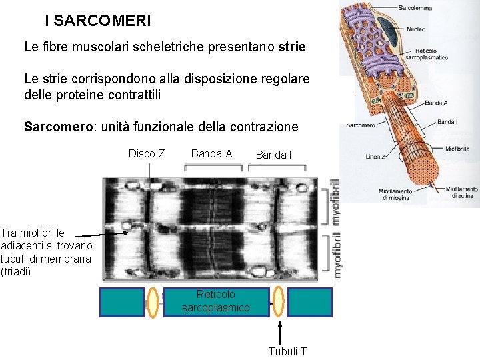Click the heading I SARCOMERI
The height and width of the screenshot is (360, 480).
coord(98,21)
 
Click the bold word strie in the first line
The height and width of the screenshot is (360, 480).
coord(292,48)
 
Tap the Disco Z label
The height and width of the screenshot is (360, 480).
coord(147,154)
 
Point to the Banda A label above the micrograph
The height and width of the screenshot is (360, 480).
coord(211,154)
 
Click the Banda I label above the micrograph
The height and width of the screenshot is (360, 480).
coord(273,155)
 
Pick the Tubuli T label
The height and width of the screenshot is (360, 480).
coord(287,351)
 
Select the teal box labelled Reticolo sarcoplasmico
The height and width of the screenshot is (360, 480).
coord(216,301)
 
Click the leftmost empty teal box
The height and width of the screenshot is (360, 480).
coord(122,301)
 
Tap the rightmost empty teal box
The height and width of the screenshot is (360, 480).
coord(310,301)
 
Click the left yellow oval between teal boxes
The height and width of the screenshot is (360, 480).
coord(153,301)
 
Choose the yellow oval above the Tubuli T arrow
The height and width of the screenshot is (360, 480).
coord(279,301)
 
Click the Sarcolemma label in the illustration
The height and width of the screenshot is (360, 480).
coord(415,8)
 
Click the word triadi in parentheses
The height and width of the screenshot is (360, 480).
coord(16,271)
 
